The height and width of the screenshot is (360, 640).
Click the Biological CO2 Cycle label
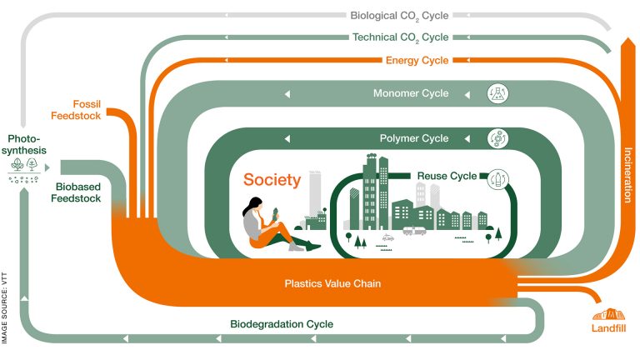399,14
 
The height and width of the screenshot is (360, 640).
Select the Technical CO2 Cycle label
400,37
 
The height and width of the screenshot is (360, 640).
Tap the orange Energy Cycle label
417,61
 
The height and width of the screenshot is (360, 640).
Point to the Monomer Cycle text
411,93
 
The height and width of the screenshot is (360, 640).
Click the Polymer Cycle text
413,138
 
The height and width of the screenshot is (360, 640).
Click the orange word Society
272,179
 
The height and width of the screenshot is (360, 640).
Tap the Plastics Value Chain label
321,283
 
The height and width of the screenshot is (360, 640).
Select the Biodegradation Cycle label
282,324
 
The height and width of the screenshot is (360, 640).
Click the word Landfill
608,328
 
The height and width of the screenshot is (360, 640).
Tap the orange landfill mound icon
608,313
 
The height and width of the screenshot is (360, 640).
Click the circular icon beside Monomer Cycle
497,93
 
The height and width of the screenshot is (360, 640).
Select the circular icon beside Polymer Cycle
497,138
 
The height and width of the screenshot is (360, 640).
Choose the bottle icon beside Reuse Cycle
498,177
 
